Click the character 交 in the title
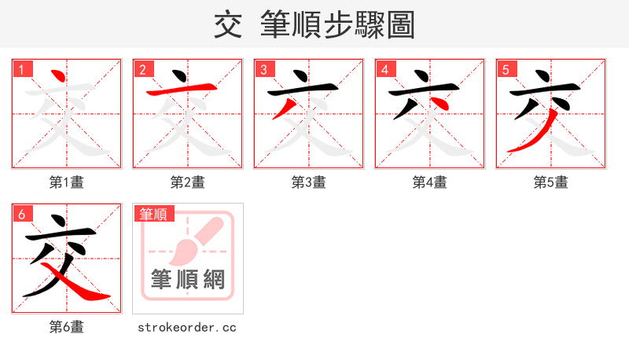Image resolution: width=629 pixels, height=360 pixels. coord(227,25)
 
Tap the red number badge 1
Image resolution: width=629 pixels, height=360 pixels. coord(22,70)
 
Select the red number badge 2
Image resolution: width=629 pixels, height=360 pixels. coord(143,70)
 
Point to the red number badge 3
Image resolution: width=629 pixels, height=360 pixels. coord(264,70)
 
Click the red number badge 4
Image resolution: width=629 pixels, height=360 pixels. coord(385,70)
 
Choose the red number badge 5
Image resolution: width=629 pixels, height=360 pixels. coord(506,70)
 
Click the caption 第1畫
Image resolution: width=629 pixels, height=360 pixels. coord(67,182)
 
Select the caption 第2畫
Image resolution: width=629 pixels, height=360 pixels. coord(188,182)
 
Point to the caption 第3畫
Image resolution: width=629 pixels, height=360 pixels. coord(309,182)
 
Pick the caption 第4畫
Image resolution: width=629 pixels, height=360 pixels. coord(430,182)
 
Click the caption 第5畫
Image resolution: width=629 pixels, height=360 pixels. coord(551,182)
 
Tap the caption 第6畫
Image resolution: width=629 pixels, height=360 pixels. coord(67,327)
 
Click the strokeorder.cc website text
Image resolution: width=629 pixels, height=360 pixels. coord(188,327)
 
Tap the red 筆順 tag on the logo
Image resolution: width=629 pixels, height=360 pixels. coord(154,214)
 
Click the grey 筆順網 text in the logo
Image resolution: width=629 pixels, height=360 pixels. coord(188,279)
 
